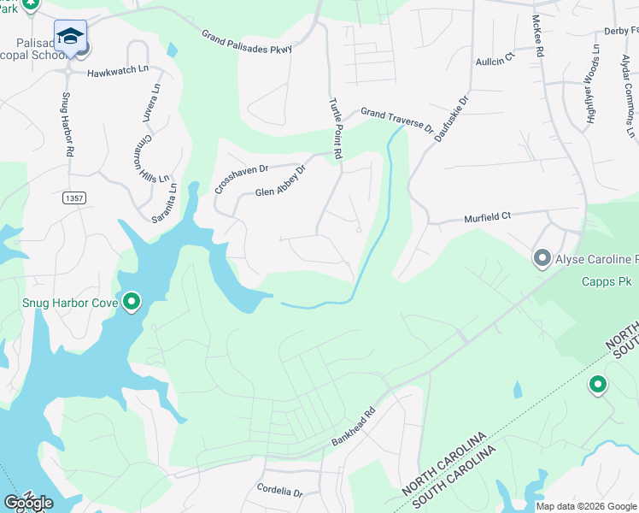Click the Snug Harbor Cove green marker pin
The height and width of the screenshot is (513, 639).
pyautogui.click(x=131, y=302)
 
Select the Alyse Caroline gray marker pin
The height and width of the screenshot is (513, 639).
pyautogui.click(x=542, y=257)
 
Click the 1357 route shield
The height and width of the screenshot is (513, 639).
pyautogui.click(x=74, y=198)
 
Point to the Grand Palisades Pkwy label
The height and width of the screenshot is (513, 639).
pyautogui.click(x=248, y=43)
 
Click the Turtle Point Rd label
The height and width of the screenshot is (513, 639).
pyautogui.click(x=336, y=128)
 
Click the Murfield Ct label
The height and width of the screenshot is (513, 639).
pyautogui.click(x=486, y=217)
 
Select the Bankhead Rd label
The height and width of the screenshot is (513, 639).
pyautogui.click(x=354, y=432)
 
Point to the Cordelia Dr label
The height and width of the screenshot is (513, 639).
pyautogui.click(x=279, y=492)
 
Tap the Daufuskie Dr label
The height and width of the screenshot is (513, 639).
pyautogui.click(x=451, y=119)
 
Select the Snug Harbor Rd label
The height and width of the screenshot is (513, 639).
pyautogui.click(x=67, y=123)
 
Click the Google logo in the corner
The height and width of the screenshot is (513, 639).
pyautogui.click(x=28, y=503)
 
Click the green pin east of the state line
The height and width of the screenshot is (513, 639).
pyautogui.click(x=597, y=386)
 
